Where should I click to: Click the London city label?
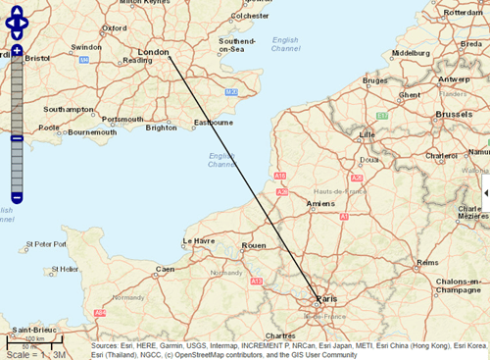(154, 52)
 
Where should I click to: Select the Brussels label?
(454, 115)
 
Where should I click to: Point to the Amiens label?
(320, 203)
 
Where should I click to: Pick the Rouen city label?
(254, 245)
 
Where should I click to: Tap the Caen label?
(165, 269)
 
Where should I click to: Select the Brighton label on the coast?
(161, 128)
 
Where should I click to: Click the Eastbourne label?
(214, 123)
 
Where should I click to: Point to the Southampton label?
(68, 109)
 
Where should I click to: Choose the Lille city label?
(367, 134)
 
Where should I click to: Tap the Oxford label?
(115, 29)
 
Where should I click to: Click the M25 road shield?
(231, 91)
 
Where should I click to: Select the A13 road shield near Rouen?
(256, 282)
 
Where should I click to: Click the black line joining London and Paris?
(244, 177)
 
